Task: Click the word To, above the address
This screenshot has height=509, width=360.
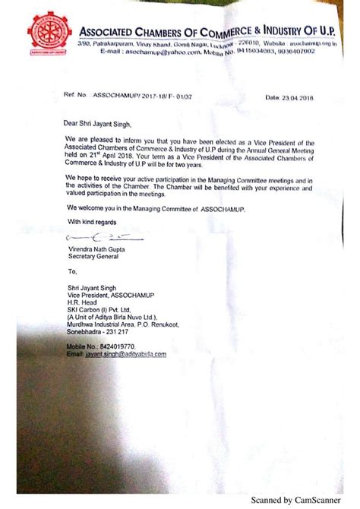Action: (x=72, y=270)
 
